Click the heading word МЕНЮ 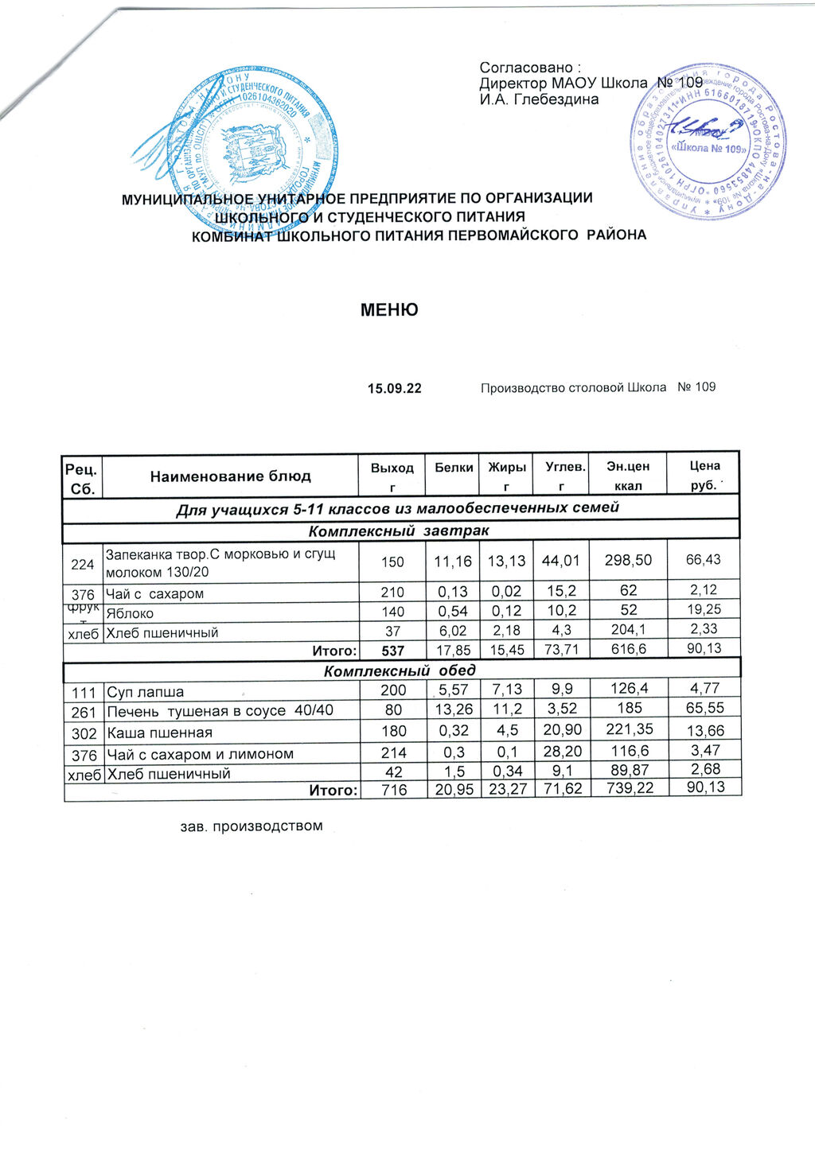coord(389,309)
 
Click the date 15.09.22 coord(394,388)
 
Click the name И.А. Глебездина coord(539,99)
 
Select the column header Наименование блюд coord(231,476)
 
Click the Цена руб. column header coord(704,476)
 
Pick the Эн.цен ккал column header coord(627,476)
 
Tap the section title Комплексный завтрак coord(398,530)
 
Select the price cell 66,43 coord(703,560)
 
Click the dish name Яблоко coord(130,613)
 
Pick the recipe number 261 coord(84,711)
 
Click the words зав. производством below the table coord(252,826)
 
